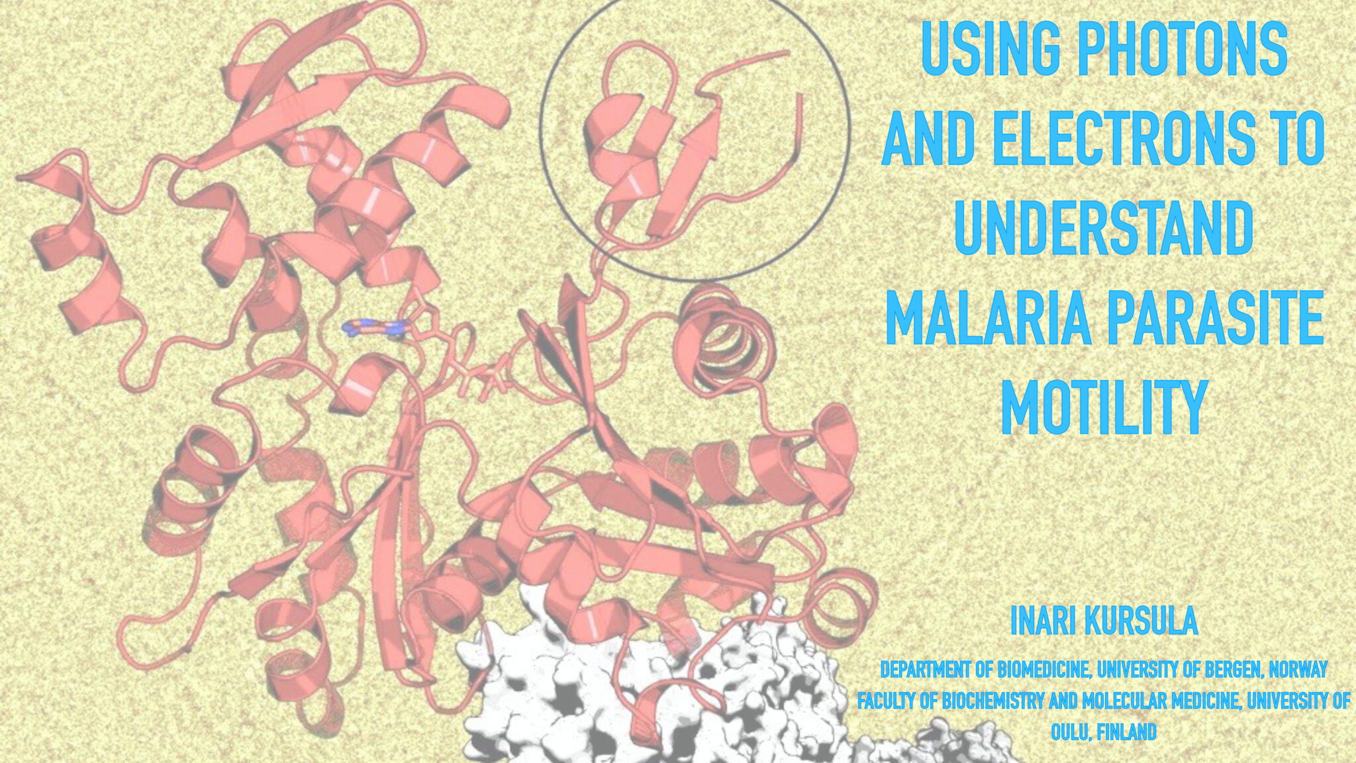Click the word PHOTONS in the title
(x=1183, y=49)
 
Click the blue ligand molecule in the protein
(x=375, y=327)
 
